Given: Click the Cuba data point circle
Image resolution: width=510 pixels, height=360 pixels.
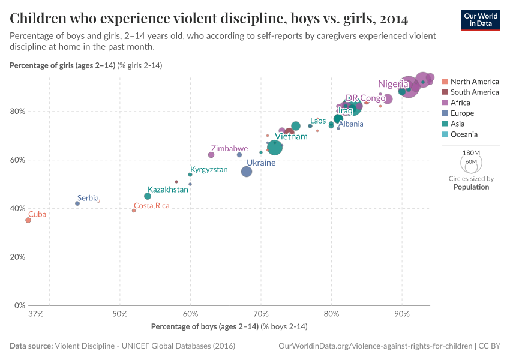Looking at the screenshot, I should coord(28,220).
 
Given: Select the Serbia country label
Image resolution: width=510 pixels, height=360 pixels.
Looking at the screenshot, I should coord(88,198).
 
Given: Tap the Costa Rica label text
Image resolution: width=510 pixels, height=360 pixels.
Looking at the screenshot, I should coord(151,205).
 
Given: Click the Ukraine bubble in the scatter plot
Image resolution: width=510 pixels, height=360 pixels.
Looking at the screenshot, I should coord(247,172).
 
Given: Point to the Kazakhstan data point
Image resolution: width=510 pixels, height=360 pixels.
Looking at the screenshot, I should coord(148,196).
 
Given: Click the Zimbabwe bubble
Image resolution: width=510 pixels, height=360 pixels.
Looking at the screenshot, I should coord(211,155).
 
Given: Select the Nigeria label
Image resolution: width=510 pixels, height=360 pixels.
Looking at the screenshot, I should coord(393,84).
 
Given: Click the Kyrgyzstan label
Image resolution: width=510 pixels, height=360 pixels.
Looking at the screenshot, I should coord(209,170).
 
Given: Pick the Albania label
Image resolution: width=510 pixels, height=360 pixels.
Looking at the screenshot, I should coord(351,124).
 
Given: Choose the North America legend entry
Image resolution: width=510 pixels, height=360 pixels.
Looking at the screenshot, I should coord(474,82).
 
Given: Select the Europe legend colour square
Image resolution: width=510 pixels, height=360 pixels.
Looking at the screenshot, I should coord(445,113).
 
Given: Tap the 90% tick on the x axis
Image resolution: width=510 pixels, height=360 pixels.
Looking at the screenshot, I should coord(402,313).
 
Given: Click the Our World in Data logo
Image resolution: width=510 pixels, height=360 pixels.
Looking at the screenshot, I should coord(480,20).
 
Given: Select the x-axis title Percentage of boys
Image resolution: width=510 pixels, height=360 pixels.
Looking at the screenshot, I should coord(229,326).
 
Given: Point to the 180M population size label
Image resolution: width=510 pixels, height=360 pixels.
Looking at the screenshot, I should coord(471,153).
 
